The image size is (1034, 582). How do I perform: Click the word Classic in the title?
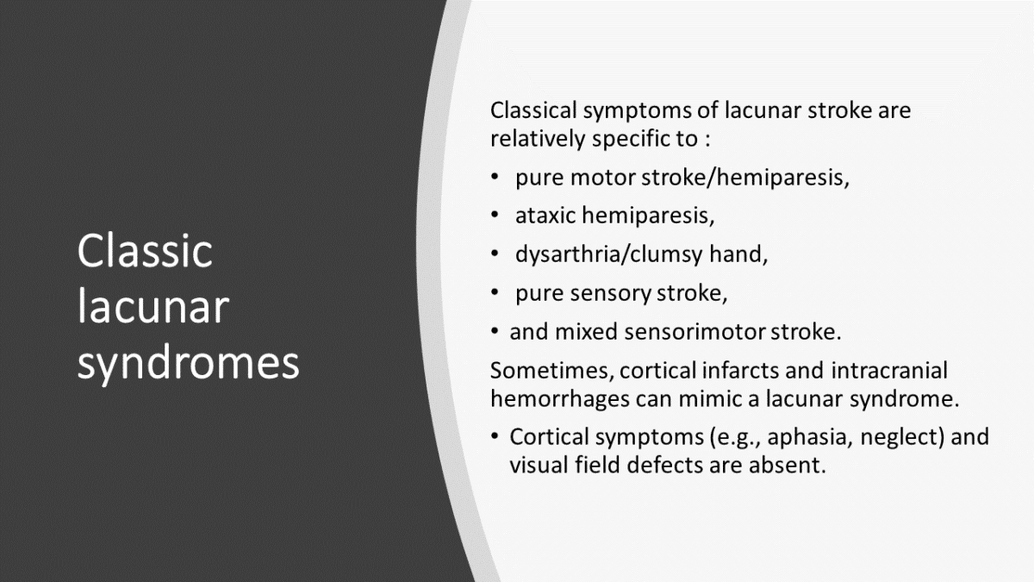tap(145, 252)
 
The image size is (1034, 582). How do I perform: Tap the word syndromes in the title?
tap(188, 363)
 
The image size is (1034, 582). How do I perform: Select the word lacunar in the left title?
tap(153, 307)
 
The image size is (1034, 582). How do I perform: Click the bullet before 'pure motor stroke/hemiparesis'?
tap(495, 178)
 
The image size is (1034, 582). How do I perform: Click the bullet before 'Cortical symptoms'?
tap(495, 437)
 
